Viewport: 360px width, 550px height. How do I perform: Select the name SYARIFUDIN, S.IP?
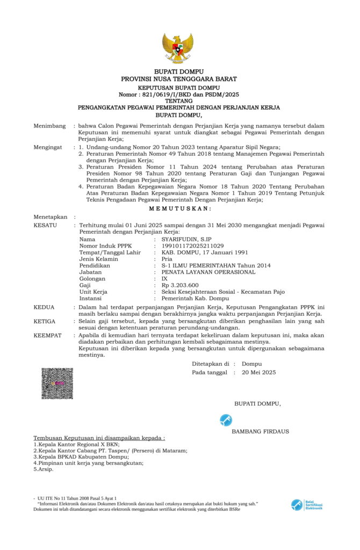pos(183,239)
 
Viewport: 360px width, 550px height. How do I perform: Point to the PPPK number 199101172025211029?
pos(190,245)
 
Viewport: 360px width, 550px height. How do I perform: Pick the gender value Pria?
pos(167,259)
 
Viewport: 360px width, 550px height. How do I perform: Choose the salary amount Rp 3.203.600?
pos(180,285)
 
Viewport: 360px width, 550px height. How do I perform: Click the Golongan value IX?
pos(164,279)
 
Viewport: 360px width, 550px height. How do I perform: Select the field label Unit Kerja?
pos(93,292)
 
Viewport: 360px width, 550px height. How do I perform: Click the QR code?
pos(57,383)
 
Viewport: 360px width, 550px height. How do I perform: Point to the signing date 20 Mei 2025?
pos(259,372)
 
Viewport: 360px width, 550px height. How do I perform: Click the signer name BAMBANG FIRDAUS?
pos(260,431)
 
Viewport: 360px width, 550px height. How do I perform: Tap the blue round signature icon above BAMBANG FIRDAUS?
pos(226,420)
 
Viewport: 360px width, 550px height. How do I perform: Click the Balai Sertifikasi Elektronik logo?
pos(307,505)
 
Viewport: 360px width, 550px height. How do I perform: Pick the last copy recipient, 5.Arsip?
pos(44,469)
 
